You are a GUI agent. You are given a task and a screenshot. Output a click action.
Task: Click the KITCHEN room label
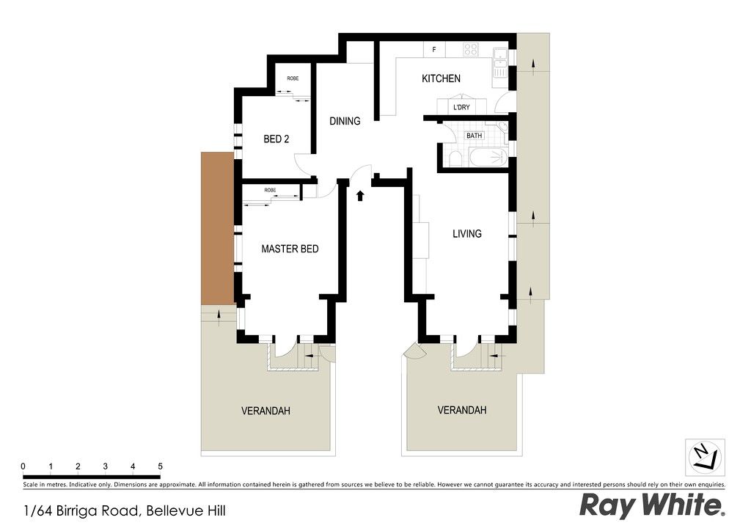[441, 78]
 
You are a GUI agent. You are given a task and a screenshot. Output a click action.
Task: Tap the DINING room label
[345, 121]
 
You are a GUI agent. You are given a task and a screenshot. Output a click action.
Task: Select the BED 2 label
[276, 139]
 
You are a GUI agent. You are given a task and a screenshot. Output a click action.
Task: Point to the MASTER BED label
[290, 249]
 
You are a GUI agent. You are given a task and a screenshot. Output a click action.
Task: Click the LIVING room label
[467, 234]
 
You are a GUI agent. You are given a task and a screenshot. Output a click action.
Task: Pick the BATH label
[475, 136]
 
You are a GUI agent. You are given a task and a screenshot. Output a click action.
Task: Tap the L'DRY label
[462, 107]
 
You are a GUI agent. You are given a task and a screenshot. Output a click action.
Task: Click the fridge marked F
[434, 50]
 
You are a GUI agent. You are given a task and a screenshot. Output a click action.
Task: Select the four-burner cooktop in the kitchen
[470, 49]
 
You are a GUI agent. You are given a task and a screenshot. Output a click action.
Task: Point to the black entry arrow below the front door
[360, 195]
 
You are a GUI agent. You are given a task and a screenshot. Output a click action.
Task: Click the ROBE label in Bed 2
[293, 78]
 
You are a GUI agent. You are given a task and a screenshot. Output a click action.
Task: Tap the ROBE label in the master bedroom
[270, 190]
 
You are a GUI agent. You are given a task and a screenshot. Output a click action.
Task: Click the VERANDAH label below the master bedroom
[265, 411]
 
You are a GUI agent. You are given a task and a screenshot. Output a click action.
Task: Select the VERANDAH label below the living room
[462, 410]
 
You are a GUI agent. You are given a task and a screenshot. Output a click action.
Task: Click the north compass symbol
[705, 457]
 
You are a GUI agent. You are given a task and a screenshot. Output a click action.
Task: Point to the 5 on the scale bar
[160, 466]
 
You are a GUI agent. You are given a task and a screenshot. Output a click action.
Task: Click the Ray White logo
[652, 505]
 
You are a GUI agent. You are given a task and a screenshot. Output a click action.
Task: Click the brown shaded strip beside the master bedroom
[217, 228]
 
